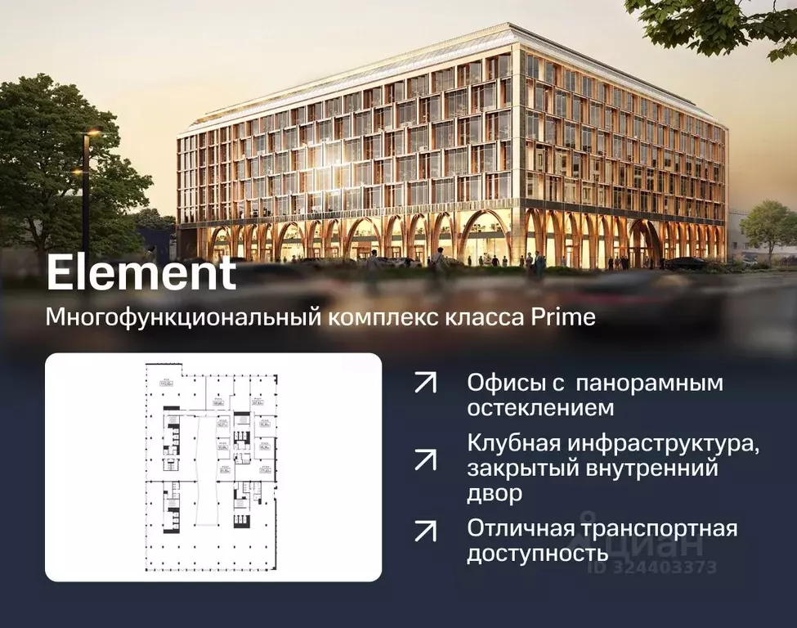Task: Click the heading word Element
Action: coord(141,274)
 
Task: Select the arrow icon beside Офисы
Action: coord(425,383)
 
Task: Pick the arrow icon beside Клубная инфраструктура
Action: coord(425,459)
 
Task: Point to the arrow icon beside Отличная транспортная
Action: coord(425,531)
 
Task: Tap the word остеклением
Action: coord(540,407)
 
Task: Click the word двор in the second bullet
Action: coord(495,494)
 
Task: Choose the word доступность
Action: coord(537,554)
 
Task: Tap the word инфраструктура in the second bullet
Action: coord(668,444)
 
